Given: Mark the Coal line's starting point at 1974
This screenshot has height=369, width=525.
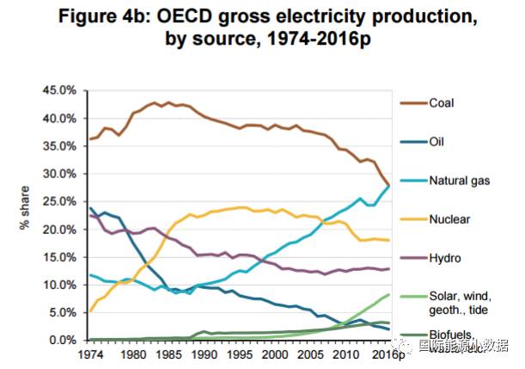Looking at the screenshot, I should tap(89, 139).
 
